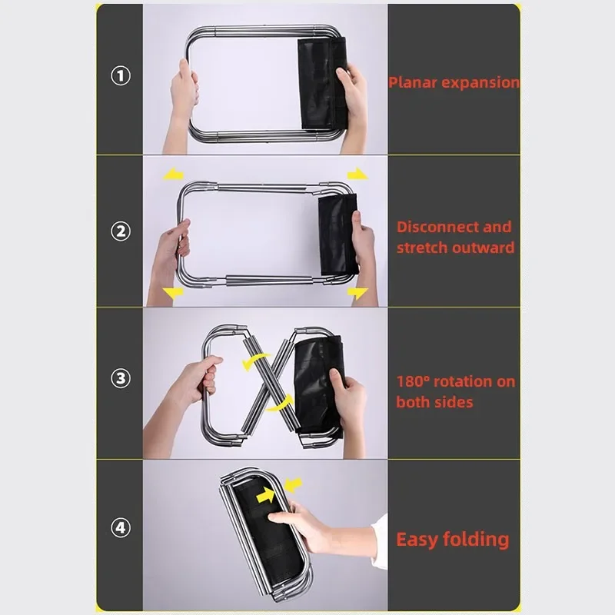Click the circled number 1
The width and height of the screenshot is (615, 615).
coord(121,75)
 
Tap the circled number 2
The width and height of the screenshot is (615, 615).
coord(121,231)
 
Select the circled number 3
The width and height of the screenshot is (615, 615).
coord(121,378)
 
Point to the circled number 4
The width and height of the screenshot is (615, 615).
coord(121,527)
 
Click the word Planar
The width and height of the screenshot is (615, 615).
coord(413,83)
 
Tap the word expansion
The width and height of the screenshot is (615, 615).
coord(481,83)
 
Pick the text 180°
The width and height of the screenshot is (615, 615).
coord(413,381)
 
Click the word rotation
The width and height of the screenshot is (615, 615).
coord(464,381)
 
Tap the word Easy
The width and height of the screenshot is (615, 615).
coord(417,540)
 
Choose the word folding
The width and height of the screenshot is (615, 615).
coord(476,540)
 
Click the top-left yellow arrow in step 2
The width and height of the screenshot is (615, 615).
coord(174,175)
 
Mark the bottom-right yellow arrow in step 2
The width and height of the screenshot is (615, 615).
coord(357,293)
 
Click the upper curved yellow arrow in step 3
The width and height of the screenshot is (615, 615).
coord(255,361)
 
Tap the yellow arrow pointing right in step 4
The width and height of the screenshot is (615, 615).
coord(265,496)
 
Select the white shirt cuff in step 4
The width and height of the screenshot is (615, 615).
coord(380,541)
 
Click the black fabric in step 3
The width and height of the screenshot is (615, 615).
coord(318,385)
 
